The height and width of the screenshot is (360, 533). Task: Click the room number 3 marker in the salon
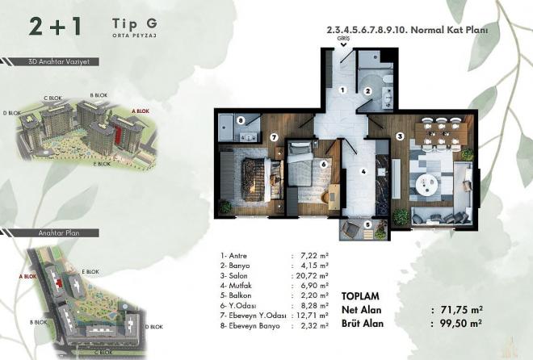[x=401, y=137]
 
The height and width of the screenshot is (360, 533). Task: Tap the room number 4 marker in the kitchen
[x=363, y=171]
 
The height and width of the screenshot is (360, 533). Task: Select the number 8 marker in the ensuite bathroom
[x=241, y=120]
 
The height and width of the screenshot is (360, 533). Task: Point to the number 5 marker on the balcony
[x=367, y=224]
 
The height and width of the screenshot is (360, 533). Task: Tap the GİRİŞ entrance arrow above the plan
[x=344, y=44]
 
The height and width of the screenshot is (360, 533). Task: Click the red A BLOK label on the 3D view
[x=141, y=111]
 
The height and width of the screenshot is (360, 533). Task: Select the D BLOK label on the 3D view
[x=12, y=113]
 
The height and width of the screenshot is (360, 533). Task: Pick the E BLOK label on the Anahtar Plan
[x=90, y=272]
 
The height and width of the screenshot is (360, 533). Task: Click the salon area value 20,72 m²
[x=311, y=276]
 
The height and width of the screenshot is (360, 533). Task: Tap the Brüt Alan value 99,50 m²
[x=460, y=323]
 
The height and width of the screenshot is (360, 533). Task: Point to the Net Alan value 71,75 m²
[x=461, y=310]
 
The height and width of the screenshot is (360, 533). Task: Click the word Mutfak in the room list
[x=241, y=286]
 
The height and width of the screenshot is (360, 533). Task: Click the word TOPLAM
[x=360, y=296]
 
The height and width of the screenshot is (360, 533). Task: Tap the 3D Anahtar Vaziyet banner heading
[x=59, y=62]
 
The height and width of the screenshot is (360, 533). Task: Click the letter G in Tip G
[x=152, y=23]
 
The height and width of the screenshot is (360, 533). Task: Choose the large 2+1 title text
[x=55, y=27]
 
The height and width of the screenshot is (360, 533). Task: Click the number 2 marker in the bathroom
[x=367, y=91]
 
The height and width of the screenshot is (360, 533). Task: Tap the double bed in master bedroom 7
[x=262, y=180]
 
